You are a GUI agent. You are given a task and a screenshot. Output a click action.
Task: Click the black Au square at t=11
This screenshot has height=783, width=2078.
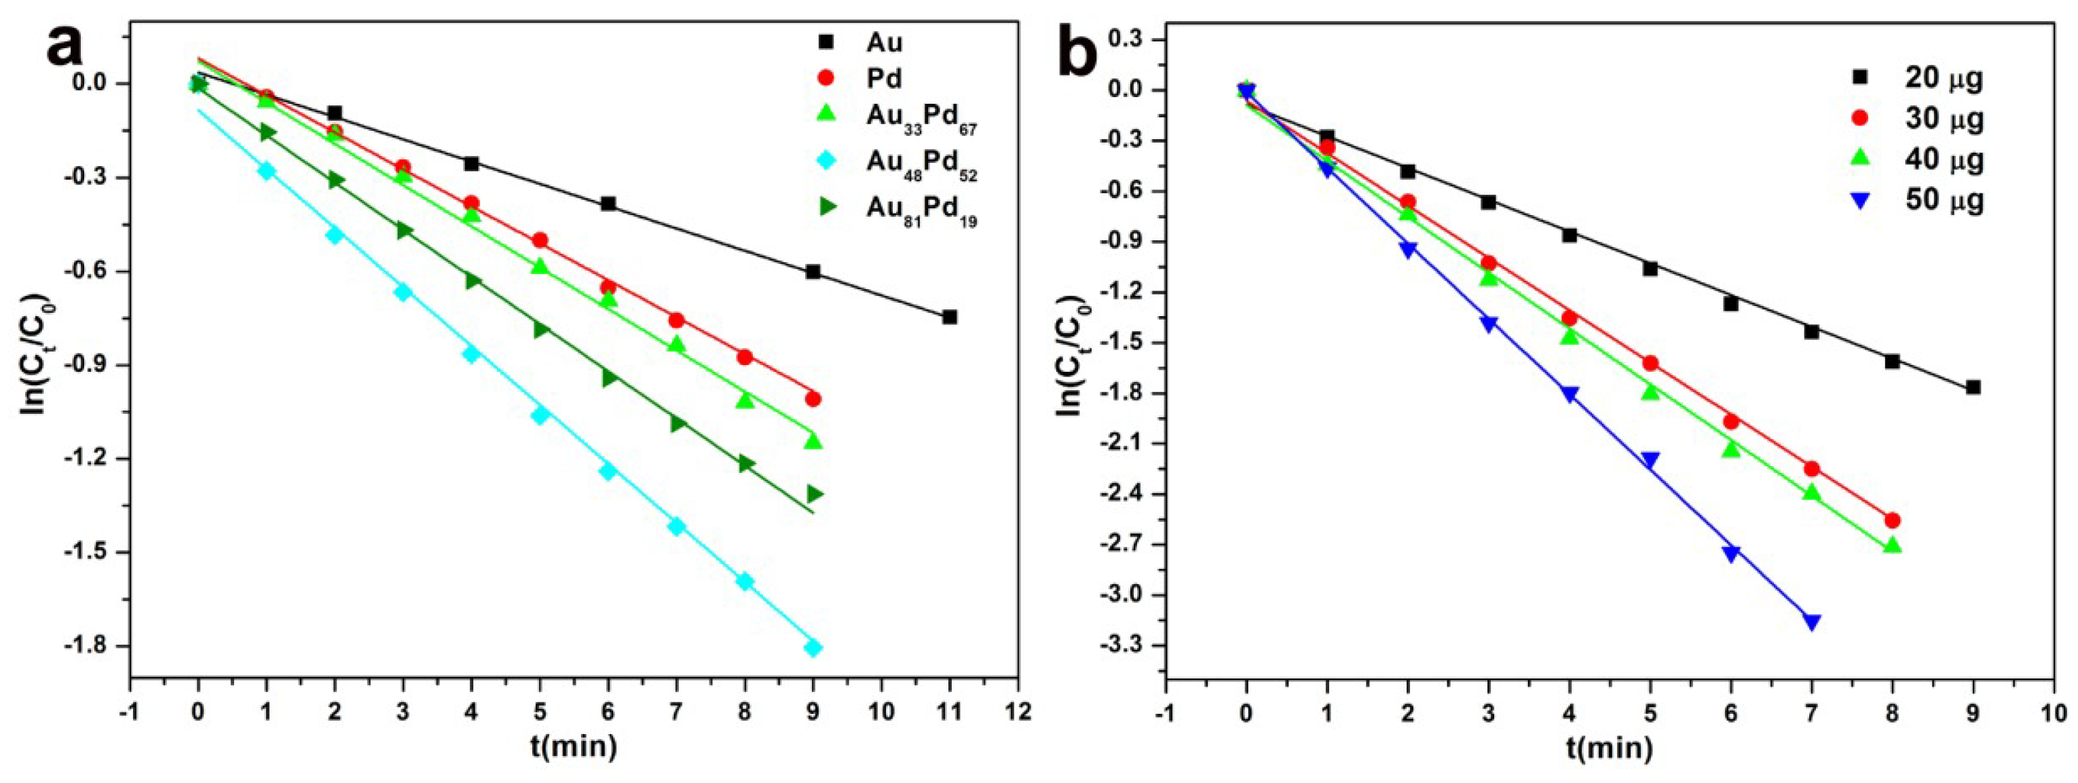point(950,317)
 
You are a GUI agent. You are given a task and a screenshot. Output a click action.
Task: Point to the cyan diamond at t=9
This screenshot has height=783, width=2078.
point(813,647)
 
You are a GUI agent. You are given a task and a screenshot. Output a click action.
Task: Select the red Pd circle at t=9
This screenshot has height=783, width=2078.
point(813,399)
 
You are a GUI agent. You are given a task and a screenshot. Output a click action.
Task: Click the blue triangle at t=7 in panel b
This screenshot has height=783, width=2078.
point(1812,622)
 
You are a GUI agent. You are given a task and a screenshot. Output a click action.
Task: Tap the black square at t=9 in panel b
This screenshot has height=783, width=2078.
point(1973,387)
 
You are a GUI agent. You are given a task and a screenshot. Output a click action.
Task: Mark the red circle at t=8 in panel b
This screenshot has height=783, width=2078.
point(1893,520)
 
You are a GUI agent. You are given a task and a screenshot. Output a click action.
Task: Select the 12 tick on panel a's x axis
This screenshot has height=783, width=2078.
point(1018,712)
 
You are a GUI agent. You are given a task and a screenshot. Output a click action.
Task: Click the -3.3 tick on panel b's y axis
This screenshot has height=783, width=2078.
point(1126,646)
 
